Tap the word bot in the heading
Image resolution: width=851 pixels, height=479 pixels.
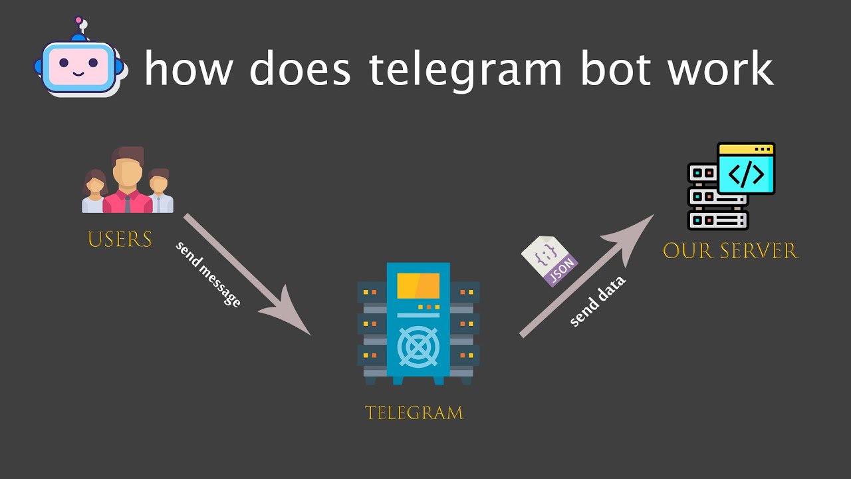tap(616, 68)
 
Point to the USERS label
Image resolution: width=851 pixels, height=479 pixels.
tap(120, 239)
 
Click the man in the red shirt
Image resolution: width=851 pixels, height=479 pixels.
tap(127, 180)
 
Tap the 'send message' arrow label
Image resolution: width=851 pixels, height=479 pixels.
tap(208, 274)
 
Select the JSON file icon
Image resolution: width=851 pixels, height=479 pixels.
tap(549, 260)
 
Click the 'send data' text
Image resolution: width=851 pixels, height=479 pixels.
tap(598, 301)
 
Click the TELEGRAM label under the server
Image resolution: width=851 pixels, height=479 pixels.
tap(414, 413)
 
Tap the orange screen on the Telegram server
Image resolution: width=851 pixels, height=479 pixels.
tap(418, 285)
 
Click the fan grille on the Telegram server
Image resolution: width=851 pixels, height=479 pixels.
tap(418, 347)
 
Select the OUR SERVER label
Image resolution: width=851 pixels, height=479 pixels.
tap(730, 251)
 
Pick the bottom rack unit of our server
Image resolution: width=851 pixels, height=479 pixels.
tap(717, 220)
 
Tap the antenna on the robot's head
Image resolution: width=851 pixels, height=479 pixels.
tap(81, 26)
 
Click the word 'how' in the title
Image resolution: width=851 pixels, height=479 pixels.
tap(189, 68)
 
